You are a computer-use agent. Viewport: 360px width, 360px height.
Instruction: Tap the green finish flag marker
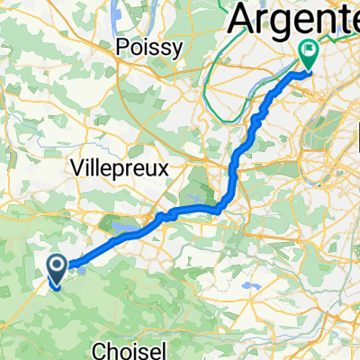pos(308,56)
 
